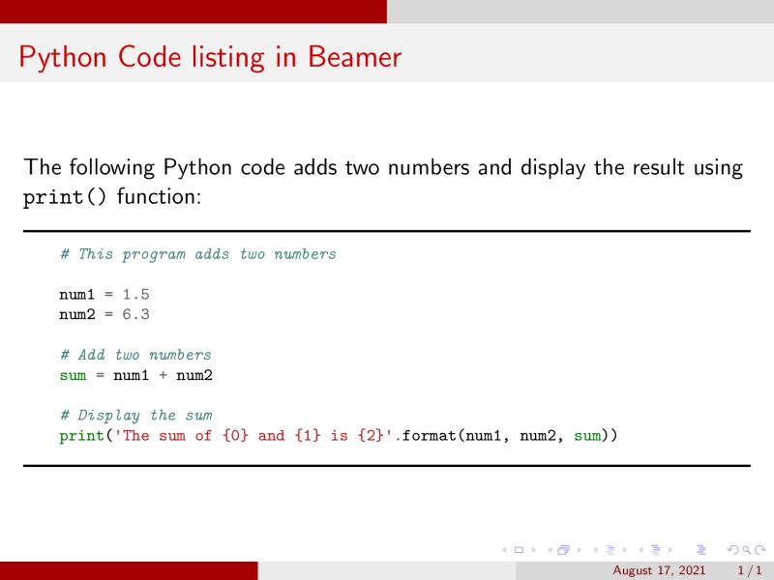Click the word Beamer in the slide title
(354, 57)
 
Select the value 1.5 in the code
(135, 294)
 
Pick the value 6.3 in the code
(135, 314)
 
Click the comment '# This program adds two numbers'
(197, 254)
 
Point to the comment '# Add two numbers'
(135, 355)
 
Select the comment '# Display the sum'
(135, 416)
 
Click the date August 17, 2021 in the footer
(659, 571)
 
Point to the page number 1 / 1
(751, 571)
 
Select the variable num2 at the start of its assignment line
(76, 314)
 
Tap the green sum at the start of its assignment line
(73, 375)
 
